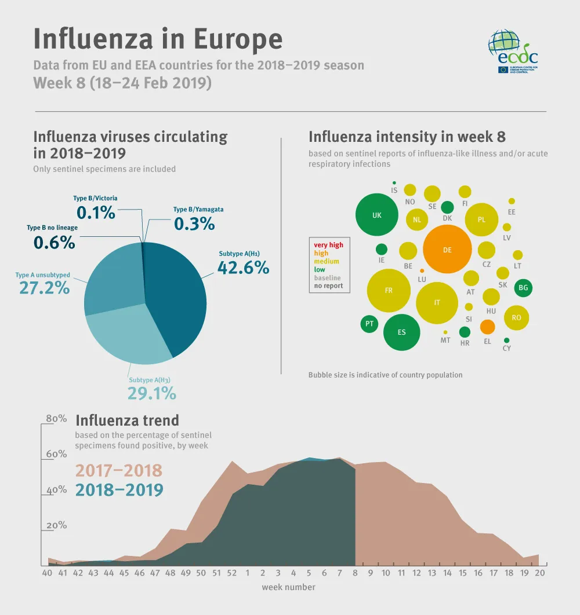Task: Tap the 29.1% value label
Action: tap(151, 394)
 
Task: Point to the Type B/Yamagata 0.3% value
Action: tap(194, 223)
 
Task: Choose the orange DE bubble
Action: tap(447, 250)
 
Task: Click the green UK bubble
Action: tap(377, 215)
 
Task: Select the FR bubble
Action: tap(389, 290)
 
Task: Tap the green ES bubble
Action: tap(401, 332)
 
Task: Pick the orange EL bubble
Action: tap(487, 327)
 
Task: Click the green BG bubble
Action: tap(523, 287)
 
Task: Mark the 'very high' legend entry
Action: tap(328, 245)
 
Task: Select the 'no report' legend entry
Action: tap(328, 285)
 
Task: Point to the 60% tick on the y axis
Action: tap(56, 454)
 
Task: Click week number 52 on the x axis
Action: tap(232, 573)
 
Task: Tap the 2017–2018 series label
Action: tap(119, 470)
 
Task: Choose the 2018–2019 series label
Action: tap(119, 490)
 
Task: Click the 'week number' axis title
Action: tap(288, 587)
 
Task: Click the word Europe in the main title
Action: tap(238, 39)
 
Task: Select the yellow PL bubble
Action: tap(481, 219)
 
